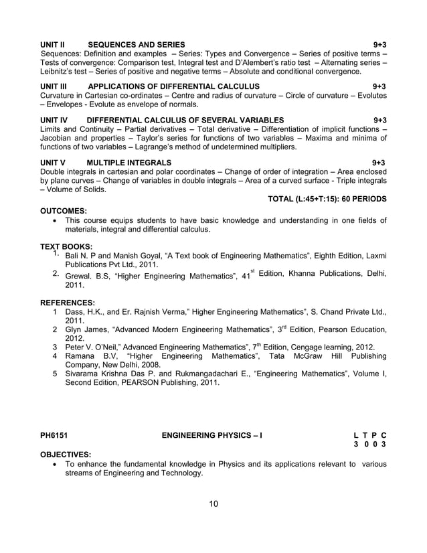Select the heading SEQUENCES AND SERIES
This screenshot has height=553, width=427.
pos(137,44)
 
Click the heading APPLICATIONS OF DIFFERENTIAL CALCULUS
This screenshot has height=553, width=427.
pos(173,87)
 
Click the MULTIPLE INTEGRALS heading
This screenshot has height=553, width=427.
pos(129,163)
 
